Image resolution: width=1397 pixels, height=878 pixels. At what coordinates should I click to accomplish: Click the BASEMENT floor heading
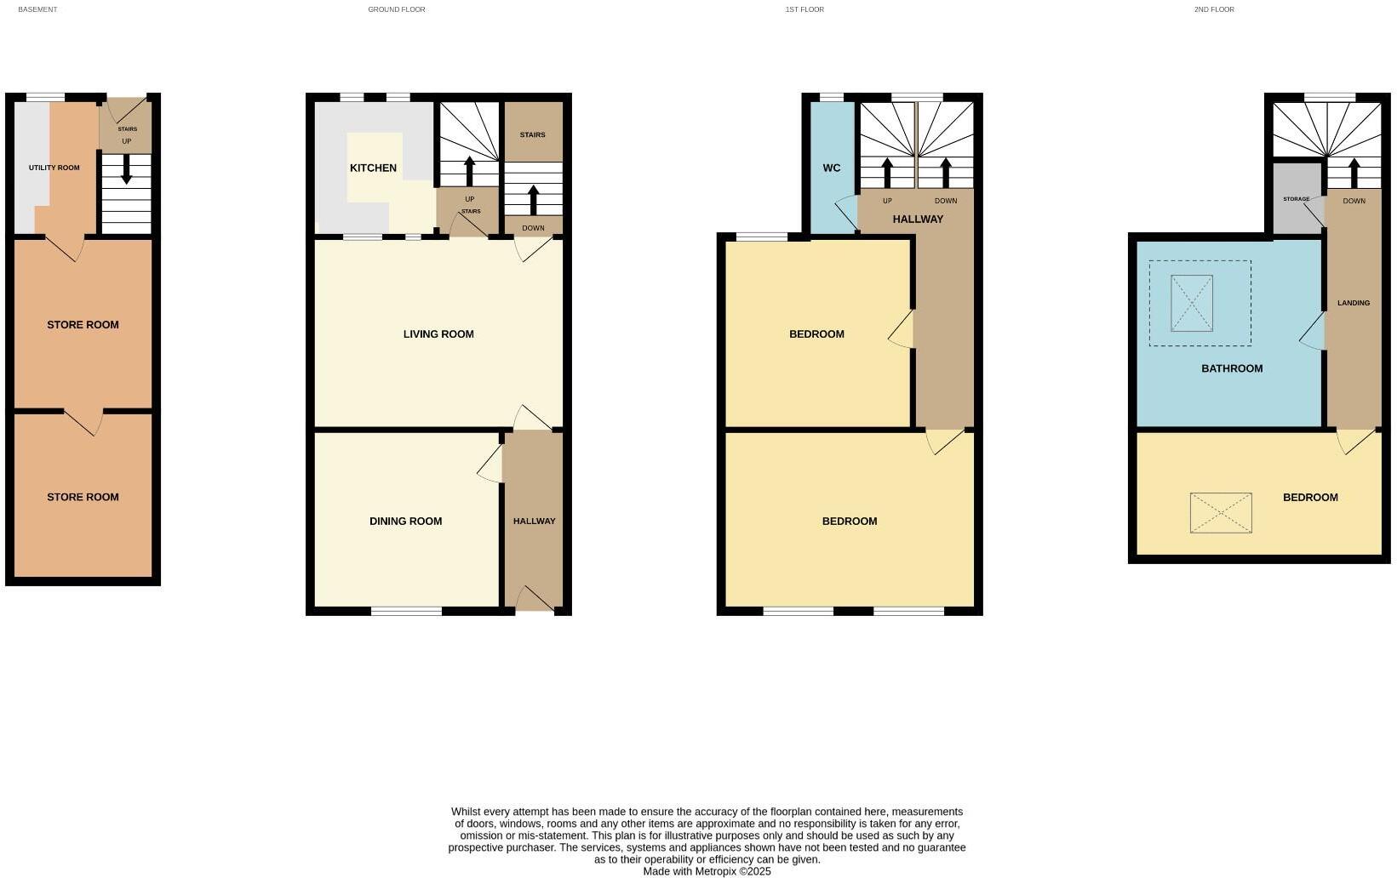(x=37, y=9)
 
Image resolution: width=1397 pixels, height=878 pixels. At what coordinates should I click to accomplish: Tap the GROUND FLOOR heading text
(x=396, y=9)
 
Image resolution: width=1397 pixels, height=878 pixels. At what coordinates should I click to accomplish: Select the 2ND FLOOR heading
(x=1213, y=9)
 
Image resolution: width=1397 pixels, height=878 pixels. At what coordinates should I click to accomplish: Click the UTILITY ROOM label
(x=54, y=168)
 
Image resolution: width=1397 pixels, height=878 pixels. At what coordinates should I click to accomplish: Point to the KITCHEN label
(x=373, y=168)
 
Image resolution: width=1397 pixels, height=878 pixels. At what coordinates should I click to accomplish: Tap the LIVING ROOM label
(x=438, y=334)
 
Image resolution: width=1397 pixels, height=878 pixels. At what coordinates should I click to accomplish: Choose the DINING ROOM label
(x=405, y=522)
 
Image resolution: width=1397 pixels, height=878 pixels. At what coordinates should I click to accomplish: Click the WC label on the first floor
(x=831, y=168)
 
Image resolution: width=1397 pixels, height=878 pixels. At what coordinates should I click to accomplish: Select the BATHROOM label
(x=1231, y=368)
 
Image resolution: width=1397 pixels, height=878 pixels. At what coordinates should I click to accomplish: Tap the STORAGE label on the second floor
(x=1296, y=199)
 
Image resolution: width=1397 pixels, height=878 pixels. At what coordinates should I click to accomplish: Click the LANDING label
(x=1353, y=303)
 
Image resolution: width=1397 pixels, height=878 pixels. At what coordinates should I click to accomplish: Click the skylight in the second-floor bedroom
(x=1221, y=513)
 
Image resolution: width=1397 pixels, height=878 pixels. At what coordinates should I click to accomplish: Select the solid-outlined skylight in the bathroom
(x=1191, y=303)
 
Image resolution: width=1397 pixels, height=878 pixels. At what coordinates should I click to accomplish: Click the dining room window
(x=406, y=610)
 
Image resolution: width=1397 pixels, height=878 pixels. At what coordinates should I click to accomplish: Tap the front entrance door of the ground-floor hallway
(x=534, y=600)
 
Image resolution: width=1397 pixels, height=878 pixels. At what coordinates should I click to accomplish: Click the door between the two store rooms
(x=84, y=421)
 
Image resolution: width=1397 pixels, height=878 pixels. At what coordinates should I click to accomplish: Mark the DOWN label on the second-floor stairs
(x=1354, y=201)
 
